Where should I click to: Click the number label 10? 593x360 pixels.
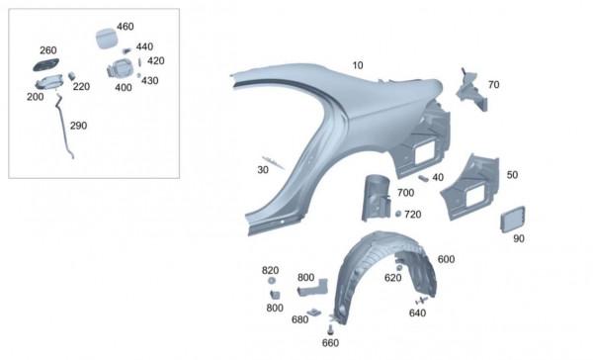[358, 65]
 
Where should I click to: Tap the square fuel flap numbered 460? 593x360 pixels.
[105, 39]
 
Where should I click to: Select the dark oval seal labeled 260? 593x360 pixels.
[46, 64]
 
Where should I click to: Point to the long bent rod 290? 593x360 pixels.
[64, 127]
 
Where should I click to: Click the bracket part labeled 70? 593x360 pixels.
[471, 90]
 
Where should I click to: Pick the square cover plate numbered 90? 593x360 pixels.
[513, 220]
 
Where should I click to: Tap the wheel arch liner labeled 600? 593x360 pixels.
[381, 274]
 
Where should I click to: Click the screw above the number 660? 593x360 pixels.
[330, 329]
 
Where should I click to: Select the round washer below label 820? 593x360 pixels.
[271, 281]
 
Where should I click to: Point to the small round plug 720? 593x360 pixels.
[398, 214]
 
